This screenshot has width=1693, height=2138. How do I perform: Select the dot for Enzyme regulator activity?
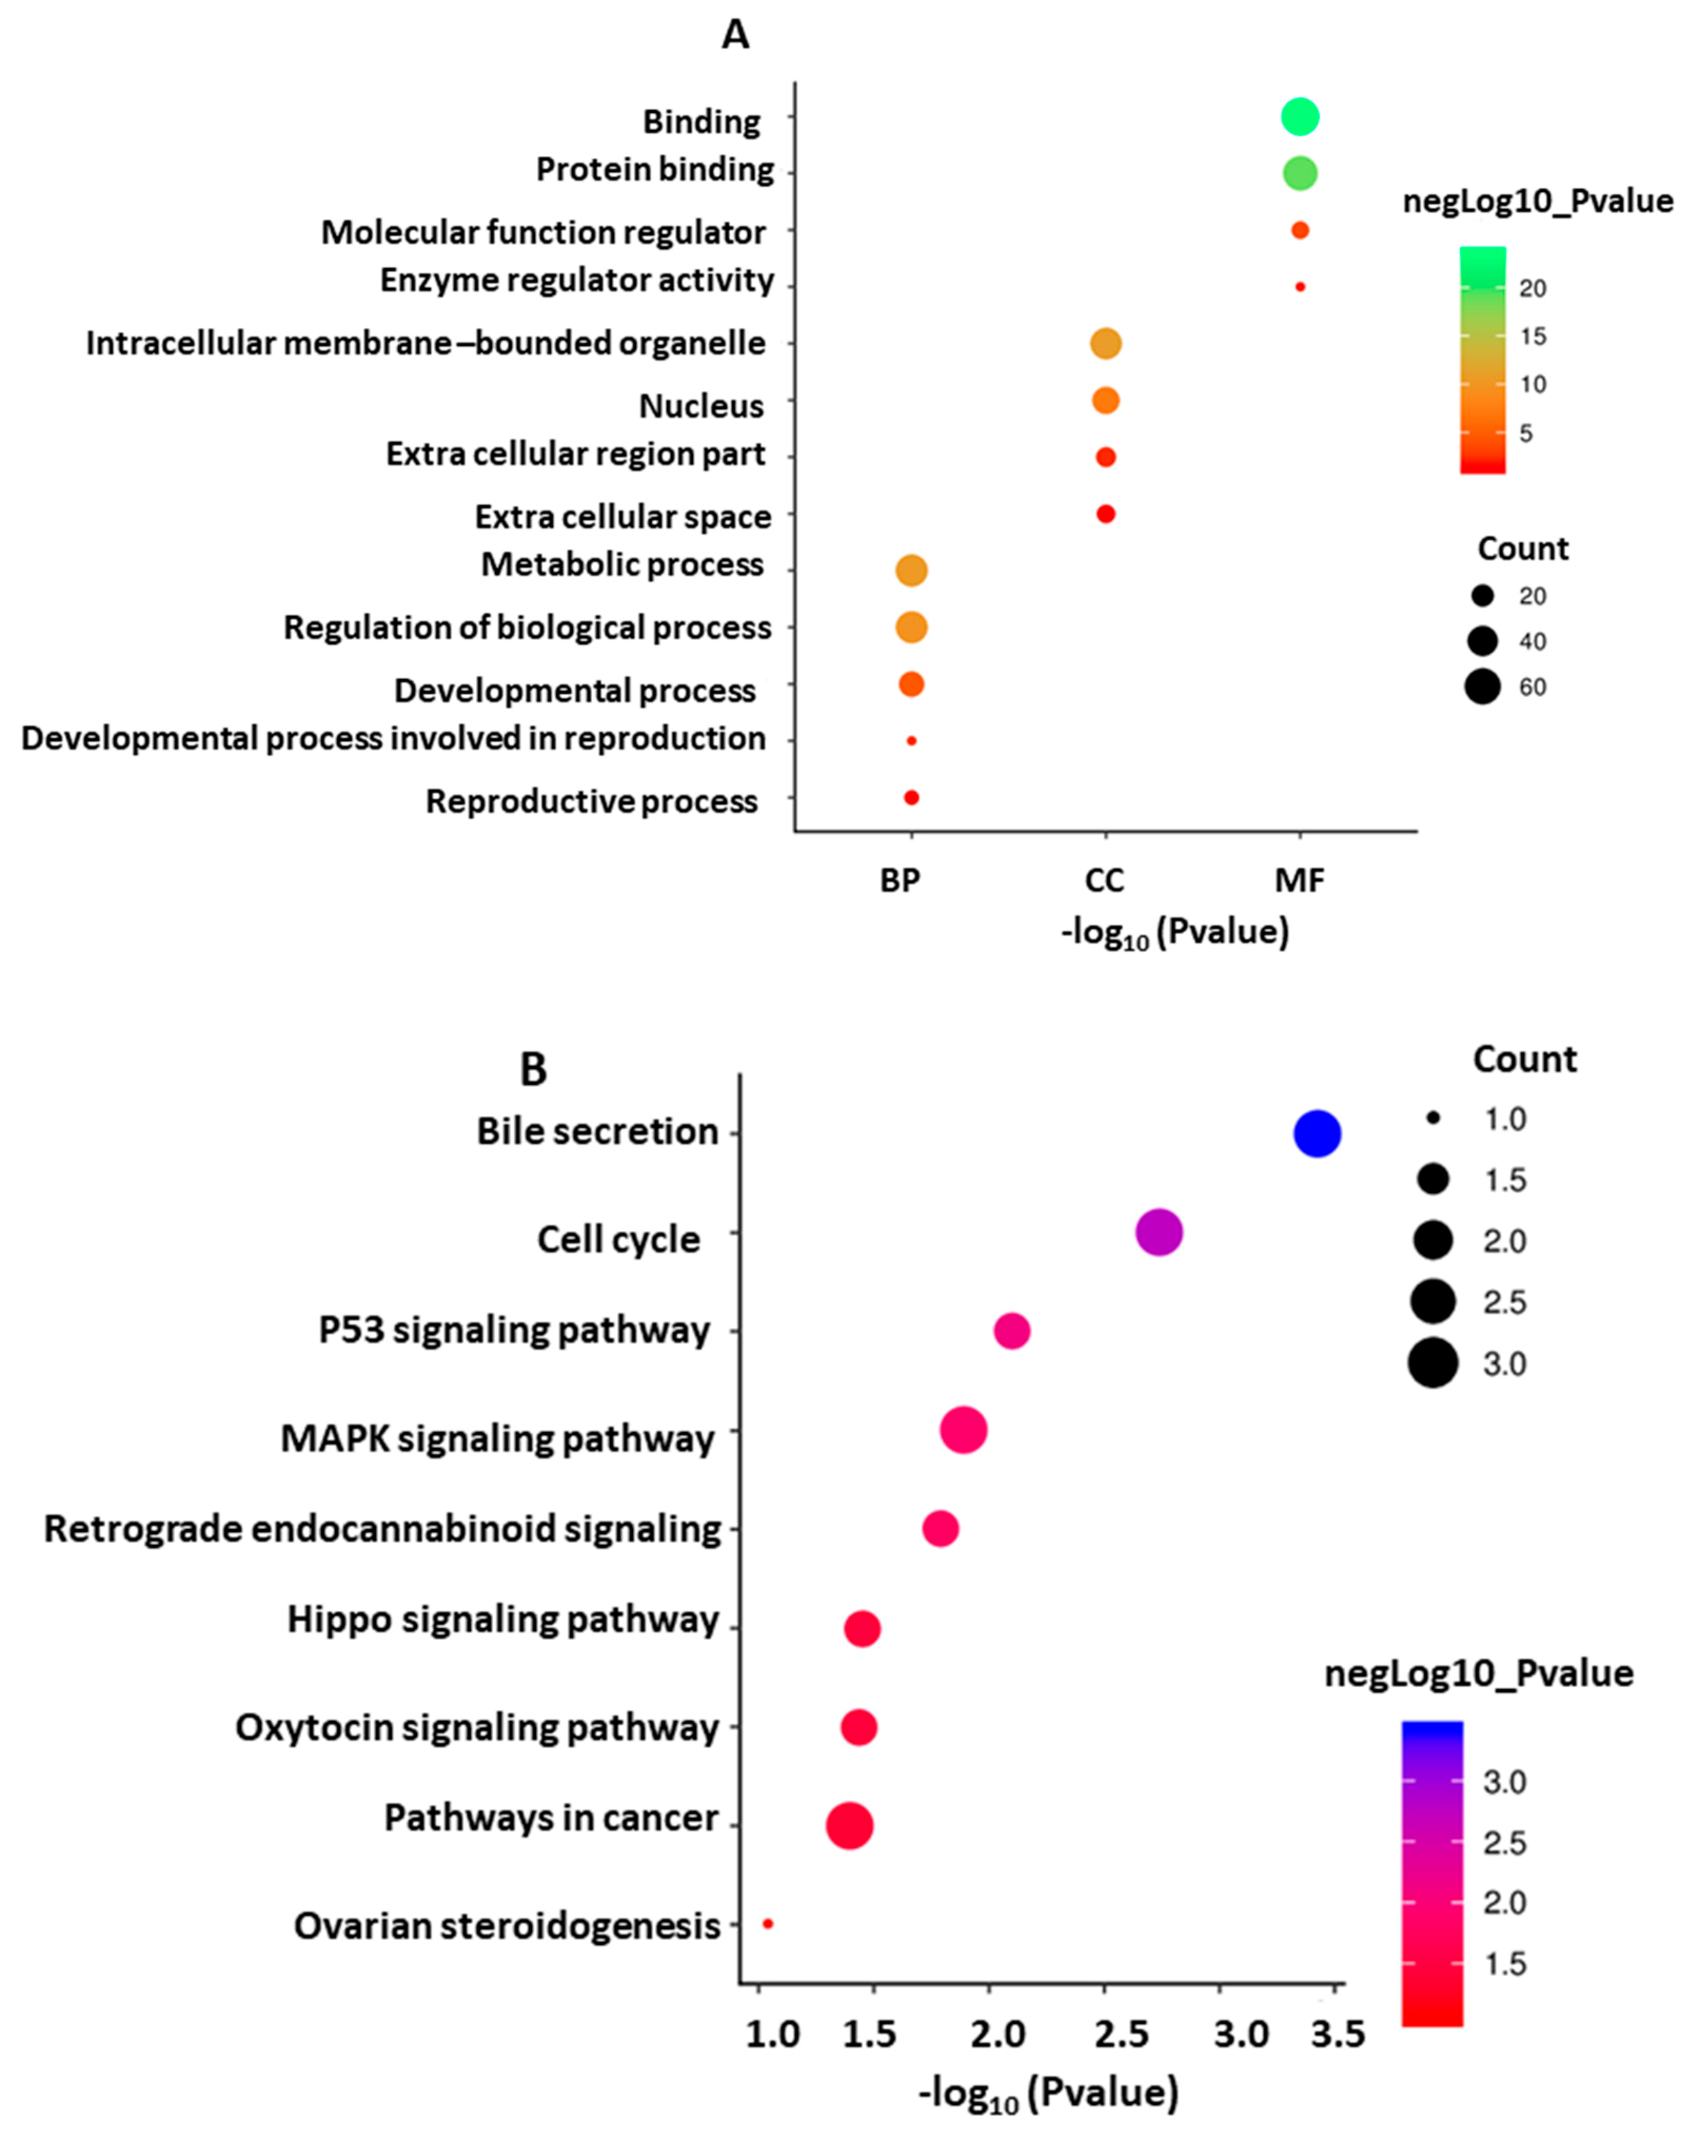1300,287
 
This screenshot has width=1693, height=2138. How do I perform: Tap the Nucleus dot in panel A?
1105,400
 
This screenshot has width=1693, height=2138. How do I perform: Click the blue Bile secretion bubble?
1318,1133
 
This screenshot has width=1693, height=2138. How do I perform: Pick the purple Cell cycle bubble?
1159,1233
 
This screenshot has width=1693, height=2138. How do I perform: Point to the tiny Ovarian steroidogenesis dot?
767,1924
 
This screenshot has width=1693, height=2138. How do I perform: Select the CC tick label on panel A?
1104,880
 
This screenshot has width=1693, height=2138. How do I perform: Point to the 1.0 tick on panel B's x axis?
772,2035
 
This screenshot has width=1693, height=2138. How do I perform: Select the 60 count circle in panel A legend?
1483,686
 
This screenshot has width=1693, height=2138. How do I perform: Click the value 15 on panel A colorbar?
1532,336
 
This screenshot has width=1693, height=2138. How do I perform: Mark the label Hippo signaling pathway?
502,1619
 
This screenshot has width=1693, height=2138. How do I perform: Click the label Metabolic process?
622,565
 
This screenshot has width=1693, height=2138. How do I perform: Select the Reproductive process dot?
911,797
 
